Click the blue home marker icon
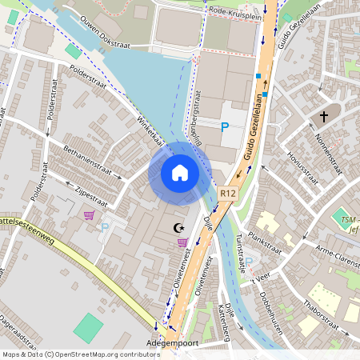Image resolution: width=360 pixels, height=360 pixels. click(180, 173)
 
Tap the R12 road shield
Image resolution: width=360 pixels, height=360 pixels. click(229, 193)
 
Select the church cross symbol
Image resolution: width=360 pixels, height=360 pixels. click(324, 117)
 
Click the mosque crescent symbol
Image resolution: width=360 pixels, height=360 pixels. click(178, 228)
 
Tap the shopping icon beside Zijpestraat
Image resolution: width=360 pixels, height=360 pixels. click(88, 214)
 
